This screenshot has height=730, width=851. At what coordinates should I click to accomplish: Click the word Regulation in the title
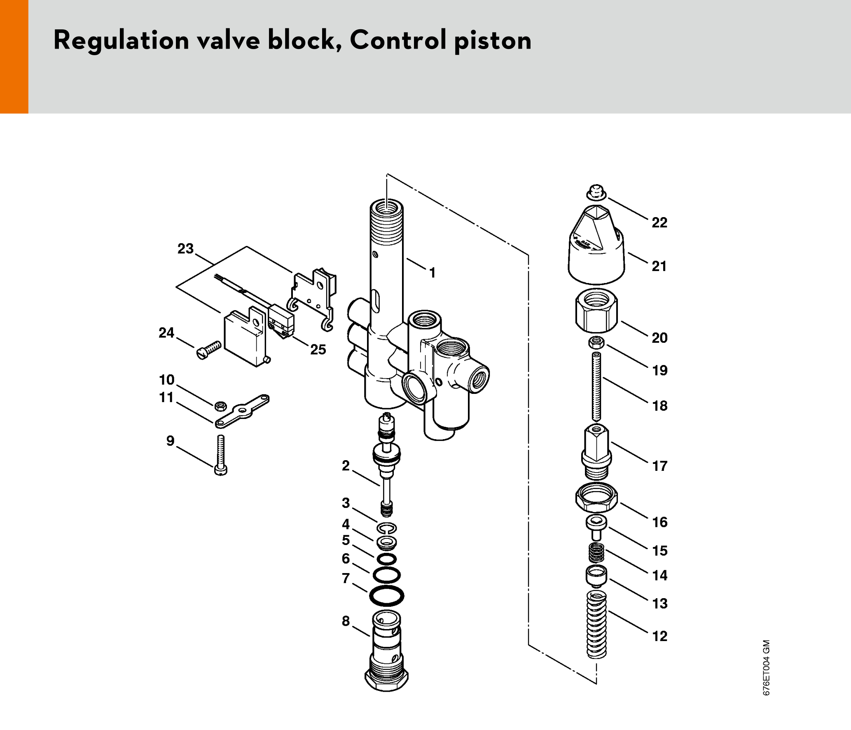[x=121, y=40]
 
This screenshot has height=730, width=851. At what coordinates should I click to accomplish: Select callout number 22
[x=659, y=222]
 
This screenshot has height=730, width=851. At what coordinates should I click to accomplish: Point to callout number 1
[x=432, y=273]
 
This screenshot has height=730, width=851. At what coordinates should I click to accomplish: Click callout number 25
[x=318, y=349]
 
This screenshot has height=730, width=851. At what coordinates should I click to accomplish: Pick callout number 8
[x=346, y=621]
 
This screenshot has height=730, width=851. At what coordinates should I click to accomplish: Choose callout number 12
[x=659, y=636]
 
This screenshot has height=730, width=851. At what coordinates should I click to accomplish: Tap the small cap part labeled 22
[x=596, y=192]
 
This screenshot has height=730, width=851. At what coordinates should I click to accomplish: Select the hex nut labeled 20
[x=596, y=311]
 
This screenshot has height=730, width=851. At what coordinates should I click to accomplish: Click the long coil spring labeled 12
[x=596, y=624]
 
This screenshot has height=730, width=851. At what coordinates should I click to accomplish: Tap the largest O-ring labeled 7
[x=386, y=596]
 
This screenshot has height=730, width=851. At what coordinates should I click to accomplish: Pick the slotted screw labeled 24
[x=209, y=350]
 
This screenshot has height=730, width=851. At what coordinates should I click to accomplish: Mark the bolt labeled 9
[x=221, y=455]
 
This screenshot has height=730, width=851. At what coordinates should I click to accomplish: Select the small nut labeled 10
[x=220, y=406]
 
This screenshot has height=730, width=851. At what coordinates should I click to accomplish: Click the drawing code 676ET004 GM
[x=766, y=667]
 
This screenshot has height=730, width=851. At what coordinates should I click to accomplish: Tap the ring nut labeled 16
[x=596, y=497]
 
